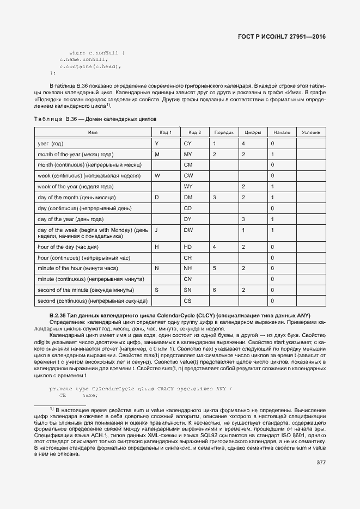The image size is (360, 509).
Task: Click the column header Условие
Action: (x=310, y=132)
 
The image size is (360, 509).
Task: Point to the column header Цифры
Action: (x=253, y=132)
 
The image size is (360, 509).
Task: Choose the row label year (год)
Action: (x=51, y=143)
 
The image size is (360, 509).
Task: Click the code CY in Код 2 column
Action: (x=188, y=143)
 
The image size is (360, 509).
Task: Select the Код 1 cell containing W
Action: (x=157, y=175)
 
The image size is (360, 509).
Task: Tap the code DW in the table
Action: (x=188, y=230)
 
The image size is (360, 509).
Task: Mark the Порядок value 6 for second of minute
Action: (x=214, y=290)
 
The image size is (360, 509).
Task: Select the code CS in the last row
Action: (x=188, y=301)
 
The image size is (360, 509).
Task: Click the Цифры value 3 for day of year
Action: (x=243, y=219)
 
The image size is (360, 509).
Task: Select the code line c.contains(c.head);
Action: (x=90, y=66)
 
